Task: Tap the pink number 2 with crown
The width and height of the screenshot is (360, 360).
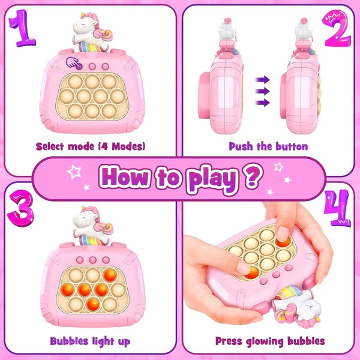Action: (x=337, y=28)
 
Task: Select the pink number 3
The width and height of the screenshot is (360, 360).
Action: (x=21, y=208)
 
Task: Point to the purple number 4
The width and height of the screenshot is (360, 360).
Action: (x=337, y=208)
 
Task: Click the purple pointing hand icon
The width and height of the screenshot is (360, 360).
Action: (x=73, y=63)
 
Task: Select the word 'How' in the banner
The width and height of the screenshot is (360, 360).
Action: (x=124, y=176)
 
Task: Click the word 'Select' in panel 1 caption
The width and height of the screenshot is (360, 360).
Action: (x=49, y=146)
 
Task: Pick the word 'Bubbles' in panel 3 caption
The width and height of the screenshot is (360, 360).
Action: (x=69, y=341)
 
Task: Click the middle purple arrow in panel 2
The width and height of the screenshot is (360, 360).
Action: (x=263, y=91)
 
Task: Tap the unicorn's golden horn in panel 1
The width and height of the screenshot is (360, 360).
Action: (x=82, y=16)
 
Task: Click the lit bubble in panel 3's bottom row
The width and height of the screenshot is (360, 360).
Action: (x=93, y=305)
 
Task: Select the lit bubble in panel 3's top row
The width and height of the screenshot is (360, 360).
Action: (x=110, y=275)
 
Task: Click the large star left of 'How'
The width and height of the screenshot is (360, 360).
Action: (x=74, y=172)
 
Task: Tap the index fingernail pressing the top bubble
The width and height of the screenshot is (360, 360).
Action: (x=283, y=234)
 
